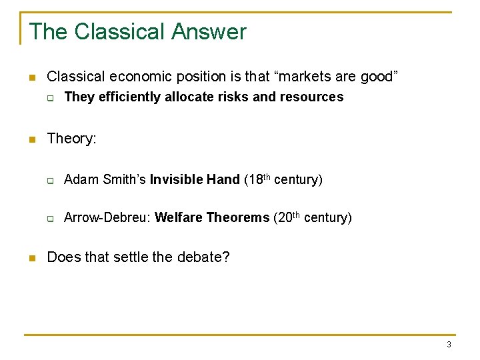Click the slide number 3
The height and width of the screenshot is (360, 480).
pos(449,345)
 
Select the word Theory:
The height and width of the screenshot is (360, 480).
pos(72,139)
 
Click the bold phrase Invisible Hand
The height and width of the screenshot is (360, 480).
pos(195,179)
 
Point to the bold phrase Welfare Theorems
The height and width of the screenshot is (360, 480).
pos(212,218)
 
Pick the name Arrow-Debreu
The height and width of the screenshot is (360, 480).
pos(106,218)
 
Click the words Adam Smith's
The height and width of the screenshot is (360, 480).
pos(105,179)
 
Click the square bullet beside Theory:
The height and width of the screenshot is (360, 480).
pos(31,139)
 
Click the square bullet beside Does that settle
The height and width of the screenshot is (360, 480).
pos(31,258)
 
